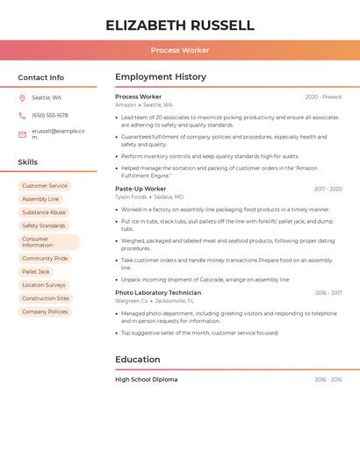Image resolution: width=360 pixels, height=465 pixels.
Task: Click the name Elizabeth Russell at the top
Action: coord(180,25)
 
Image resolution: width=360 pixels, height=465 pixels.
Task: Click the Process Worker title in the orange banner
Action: coord(180,51)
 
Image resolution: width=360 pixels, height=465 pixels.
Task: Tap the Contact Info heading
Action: coord(41,77)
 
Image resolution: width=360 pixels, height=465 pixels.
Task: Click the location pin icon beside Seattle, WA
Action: coord(22,97)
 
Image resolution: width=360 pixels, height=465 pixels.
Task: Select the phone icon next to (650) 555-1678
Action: coord(22,115)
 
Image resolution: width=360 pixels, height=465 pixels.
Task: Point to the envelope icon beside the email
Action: coord(22,134)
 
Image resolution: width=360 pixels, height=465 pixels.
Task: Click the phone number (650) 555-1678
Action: coord(50,115)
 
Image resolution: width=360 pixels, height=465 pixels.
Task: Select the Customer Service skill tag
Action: coord(45,186)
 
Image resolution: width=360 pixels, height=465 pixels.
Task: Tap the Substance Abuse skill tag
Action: coord(44,212)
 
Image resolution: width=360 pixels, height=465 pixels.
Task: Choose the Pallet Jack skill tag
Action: coord(36,272)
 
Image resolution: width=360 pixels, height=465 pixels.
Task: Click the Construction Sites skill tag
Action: coord(46,298)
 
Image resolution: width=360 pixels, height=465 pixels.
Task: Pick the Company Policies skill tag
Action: coord(45,311)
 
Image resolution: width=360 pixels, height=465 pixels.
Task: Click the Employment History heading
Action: coord(161,77)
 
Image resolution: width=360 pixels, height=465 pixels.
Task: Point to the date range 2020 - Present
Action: coord(323,97)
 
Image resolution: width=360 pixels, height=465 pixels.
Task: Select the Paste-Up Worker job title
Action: coord(140,189)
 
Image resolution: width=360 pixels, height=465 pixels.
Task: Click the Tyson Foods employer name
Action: coord(132,197)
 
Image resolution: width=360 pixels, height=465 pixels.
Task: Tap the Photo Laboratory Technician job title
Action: coord(158,293)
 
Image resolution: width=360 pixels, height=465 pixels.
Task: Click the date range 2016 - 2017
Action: coord(328,293)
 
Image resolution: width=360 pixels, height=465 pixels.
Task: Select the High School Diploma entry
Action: coord(147,380)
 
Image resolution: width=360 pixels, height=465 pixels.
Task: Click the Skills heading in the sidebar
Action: coord(28,162)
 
